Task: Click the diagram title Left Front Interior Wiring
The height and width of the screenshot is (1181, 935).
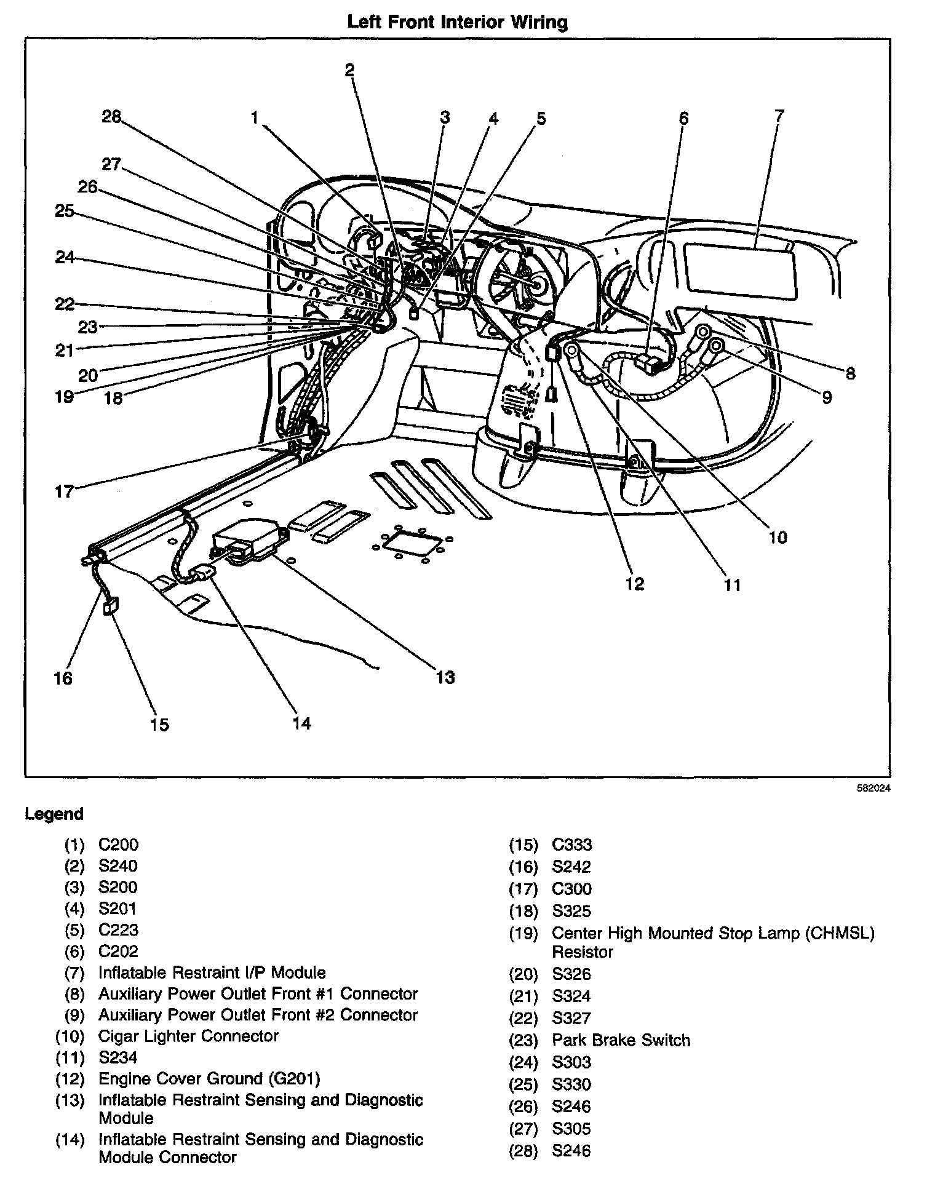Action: [x=457, y=23]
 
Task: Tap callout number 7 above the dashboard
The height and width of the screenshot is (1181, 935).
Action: [x=779, y=116]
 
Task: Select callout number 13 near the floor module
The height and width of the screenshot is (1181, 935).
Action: [x=445, y=677]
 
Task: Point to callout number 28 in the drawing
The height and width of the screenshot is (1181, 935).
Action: [x=112, y=116]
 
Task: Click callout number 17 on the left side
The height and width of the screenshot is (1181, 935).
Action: [x=64, y=491]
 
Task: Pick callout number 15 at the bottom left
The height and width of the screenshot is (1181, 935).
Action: [x=159, y=725]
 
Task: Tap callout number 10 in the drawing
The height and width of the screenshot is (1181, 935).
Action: [x=778, y=537]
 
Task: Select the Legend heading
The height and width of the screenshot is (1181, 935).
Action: [x=54, y=814]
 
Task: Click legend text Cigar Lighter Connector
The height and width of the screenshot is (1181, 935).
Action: [x=188, y=1036]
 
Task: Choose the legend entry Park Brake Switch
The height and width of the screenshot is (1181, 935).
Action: [x=621, y=1040]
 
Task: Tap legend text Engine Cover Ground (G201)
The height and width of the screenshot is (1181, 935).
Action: [x=209, y=1079]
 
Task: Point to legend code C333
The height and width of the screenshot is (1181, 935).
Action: [x=571, y=845]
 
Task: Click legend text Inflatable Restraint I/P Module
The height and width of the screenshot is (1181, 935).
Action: [x=212, y=972]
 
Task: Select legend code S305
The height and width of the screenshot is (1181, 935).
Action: [x=571, y=1129]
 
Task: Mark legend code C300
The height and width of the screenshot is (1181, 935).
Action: [x=571, y=889]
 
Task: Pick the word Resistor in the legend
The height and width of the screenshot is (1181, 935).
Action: [x=582, y=952]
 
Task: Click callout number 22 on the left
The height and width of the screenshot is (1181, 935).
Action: [x=65, y=304]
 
